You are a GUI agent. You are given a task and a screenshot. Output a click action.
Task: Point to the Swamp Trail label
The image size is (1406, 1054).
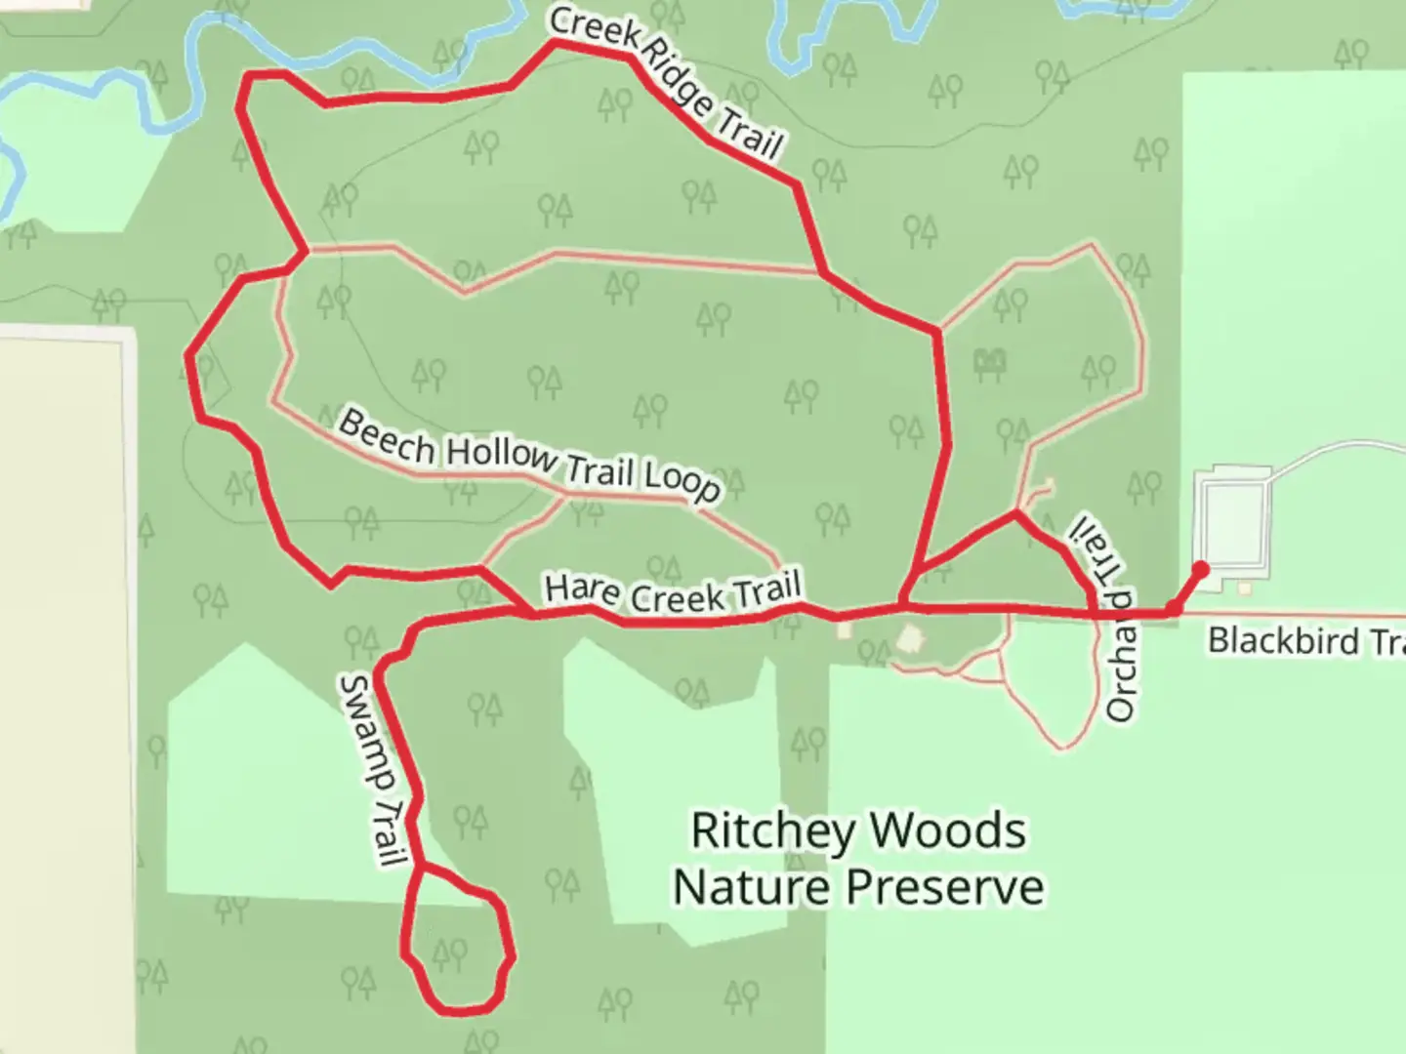pyautogui.click(x=372, y=770)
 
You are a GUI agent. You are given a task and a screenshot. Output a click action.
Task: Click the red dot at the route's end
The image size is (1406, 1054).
pyautogui.click(x=1201, y=569)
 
